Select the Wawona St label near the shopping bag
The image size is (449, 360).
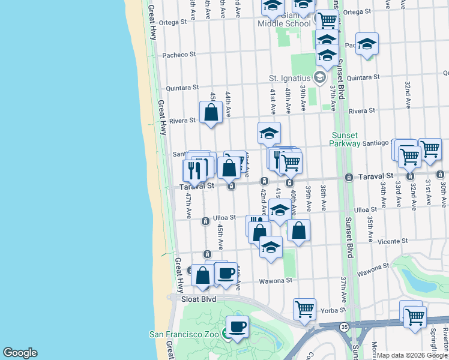pyautogui.click(x=275, y=280)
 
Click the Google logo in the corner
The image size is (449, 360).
pyautogui.click(x=20, y=353)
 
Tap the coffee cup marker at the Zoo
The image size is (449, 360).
pyautogui.click(x=237, y=328)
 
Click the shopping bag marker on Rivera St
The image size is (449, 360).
pyautogui.click(x=211, y=112)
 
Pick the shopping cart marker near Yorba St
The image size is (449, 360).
pyautogui.click(x=305, y=310)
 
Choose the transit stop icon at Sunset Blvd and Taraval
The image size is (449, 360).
pyautogui.click(x=348, y=177)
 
